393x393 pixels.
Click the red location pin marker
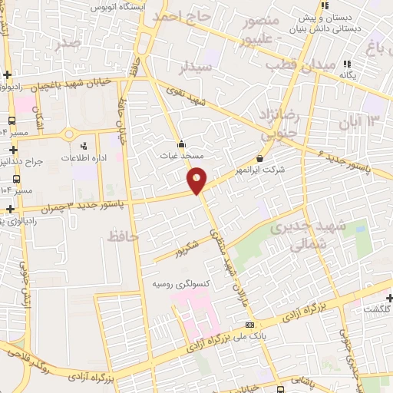(197, 179)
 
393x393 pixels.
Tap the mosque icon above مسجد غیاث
(181, 143)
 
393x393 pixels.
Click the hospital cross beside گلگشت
(390, 298)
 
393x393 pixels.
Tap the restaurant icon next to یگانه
(347, 64)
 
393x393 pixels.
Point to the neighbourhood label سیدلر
(195, 68)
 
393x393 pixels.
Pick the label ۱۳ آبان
(363, 121)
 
